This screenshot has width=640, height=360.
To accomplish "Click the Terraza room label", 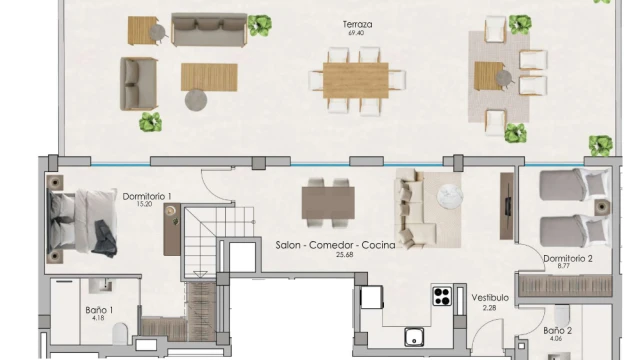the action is (358, 24).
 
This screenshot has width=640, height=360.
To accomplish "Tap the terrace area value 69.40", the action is (356, 33).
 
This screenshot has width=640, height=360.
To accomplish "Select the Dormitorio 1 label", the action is (147, 196).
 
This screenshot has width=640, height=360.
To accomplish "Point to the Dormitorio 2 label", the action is (568, 258).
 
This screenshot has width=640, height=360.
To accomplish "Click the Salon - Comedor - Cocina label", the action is (336, 245).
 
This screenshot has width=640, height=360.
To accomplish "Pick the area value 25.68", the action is (344, 255).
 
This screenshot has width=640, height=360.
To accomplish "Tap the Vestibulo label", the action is (490, 298).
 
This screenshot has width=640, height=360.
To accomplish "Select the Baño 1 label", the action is (99, 310).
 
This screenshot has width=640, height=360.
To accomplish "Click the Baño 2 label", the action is (558, 331).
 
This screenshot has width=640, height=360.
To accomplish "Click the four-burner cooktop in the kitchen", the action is (442, 296).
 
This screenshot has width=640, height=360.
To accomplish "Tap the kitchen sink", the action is (414, 338).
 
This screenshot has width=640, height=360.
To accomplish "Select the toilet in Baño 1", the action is (120, 333).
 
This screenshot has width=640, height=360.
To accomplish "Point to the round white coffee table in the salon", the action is (450, 196).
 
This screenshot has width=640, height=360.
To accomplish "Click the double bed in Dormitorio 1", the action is (82, 219).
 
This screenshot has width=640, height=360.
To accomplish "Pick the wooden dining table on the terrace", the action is (356, 80).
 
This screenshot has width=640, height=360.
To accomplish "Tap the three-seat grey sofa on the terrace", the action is (209, 29).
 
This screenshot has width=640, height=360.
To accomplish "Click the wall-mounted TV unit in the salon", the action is (507, 206).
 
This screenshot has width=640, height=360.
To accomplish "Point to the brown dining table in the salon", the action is (328, 203).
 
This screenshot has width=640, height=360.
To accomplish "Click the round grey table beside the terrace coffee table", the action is (196, 100).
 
